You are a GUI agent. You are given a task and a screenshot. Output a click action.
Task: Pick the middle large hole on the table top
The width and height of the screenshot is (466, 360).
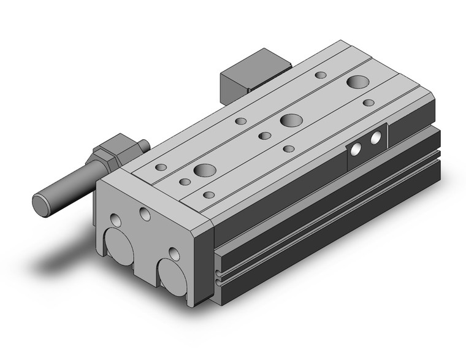[291, 120]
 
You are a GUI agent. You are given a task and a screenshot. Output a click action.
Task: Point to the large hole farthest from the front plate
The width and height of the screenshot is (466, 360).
[356, 81]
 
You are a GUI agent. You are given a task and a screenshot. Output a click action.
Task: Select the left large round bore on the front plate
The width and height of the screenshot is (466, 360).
[121, 245]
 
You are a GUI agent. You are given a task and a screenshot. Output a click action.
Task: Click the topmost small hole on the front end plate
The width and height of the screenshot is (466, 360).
[145, 213]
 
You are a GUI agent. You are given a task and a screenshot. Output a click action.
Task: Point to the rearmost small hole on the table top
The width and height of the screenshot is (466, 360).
[320, 75]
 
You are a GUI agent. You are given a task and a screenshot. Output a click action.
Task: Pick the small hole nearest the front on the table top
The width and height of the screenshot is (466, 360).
[209, 195]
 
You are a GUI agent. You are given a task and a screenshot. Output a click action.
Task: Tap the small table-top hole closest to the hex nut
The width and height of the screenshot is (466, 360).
[161, 167]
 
